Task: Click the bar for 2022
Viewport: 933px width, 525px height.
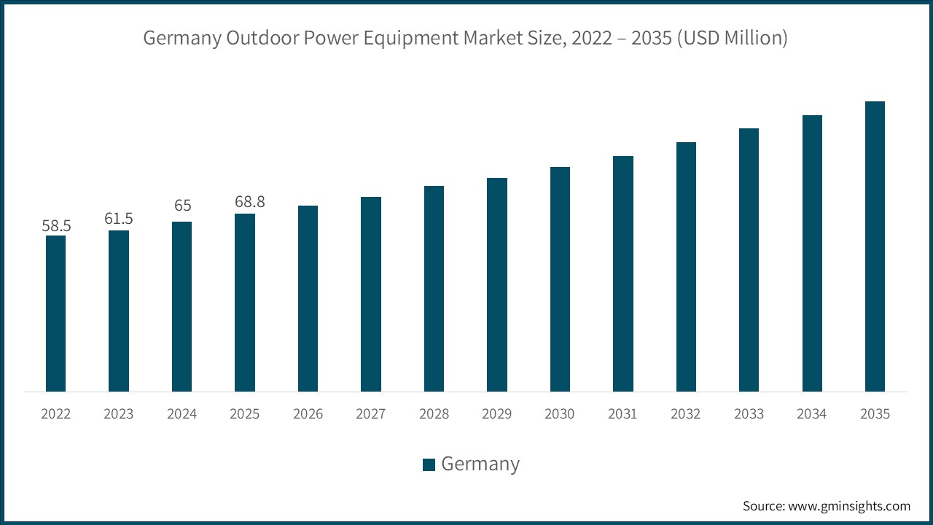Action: tap(55, 314)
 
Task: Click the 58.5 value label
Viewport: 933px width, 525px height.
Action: tap(56, 226)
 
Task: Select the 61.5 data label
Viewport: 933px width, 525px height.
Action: tap(119, 219)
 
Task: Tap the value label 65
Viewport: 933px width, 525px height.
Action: tap(181, 206)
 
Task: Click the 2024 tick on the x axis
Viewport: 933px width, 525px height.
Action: tap(181, 414)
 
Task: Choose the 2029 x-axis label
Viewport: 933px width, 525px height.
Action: tap(497, 414)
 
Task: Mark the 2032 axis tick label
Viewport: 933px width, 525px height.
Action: tap(686, 414)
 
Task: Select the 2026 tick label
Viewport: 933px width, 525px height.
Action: tap(308, 414)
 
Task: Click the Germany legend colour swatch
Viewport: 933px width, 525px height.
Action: tap(429, 464)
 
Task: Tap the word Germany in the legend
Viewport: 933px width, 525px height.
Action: tap(480, 464)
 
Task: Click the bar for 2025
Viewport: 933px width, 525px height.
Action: tap(245, 303)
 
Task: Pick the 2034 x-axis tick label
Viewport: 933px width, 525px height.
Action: tap(812, 414)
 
